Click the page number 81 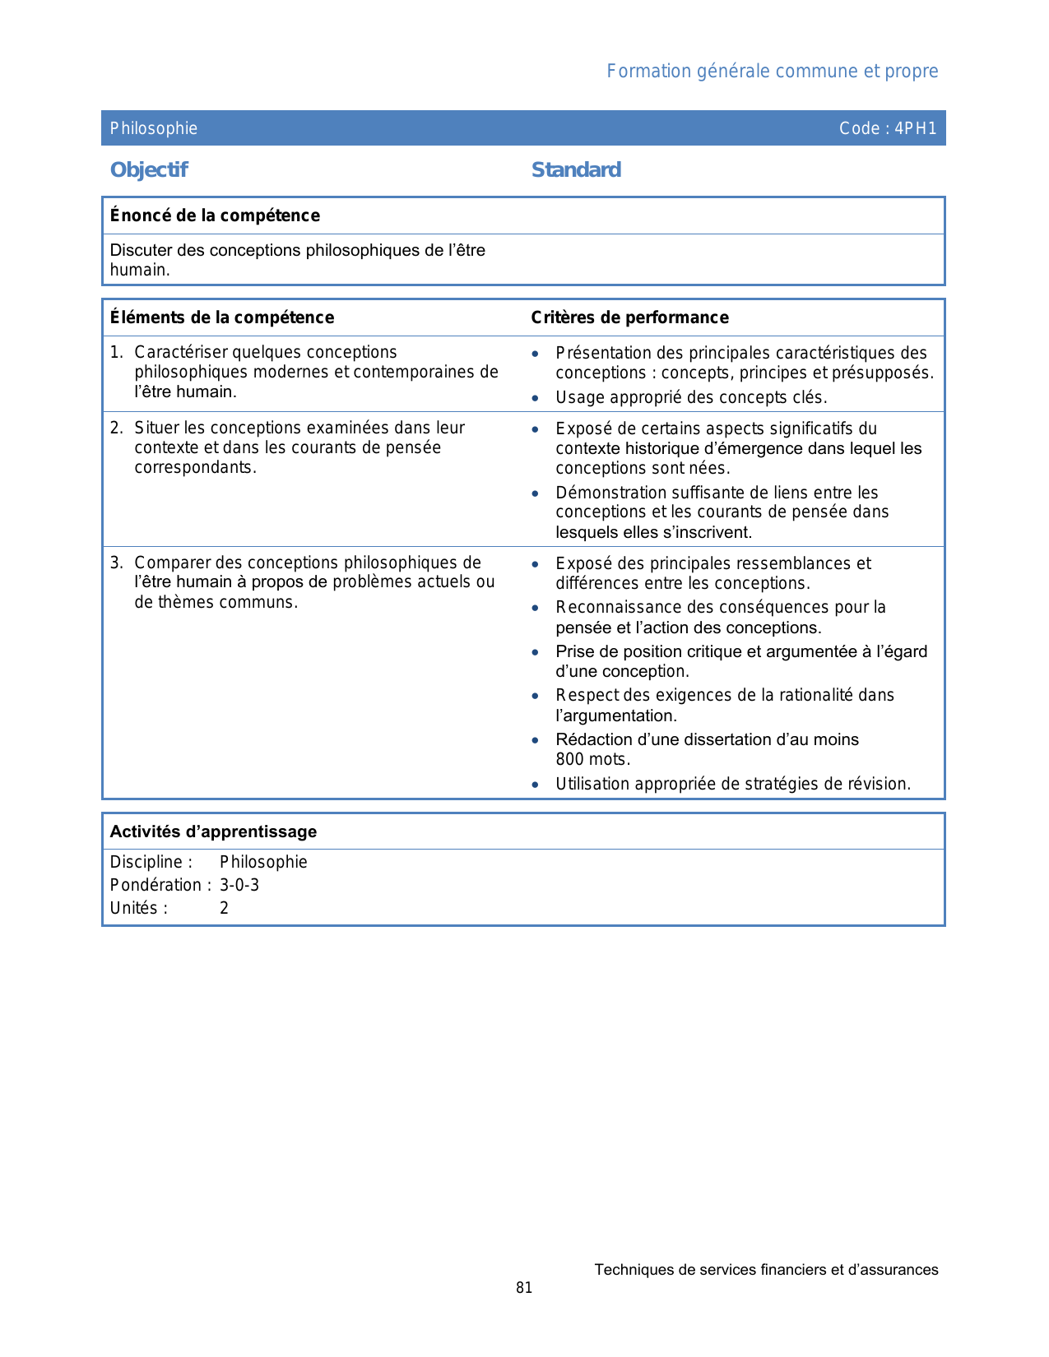point(524,1288)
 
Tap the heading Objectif point(149,170)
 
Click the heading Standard point(576,170)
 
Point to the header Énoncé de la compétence point(215,215)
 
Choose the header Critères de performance point(629,317)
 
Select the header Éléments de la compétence point(222,317)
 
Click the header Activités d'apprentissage point(213,831)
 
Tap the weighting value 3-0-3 point(239,885)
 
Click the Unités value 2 point(224,908)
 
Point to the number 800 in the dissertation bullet point(570,759)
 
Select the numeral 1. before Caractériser point(116,352)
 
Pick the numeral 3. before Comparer point(116,563)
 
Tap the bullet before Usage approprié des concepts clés point(536,398)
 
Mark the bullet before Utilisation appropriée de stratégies point(536,785)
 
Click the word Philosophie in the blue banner point(154,128)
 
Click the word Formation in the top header point(648,72)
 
